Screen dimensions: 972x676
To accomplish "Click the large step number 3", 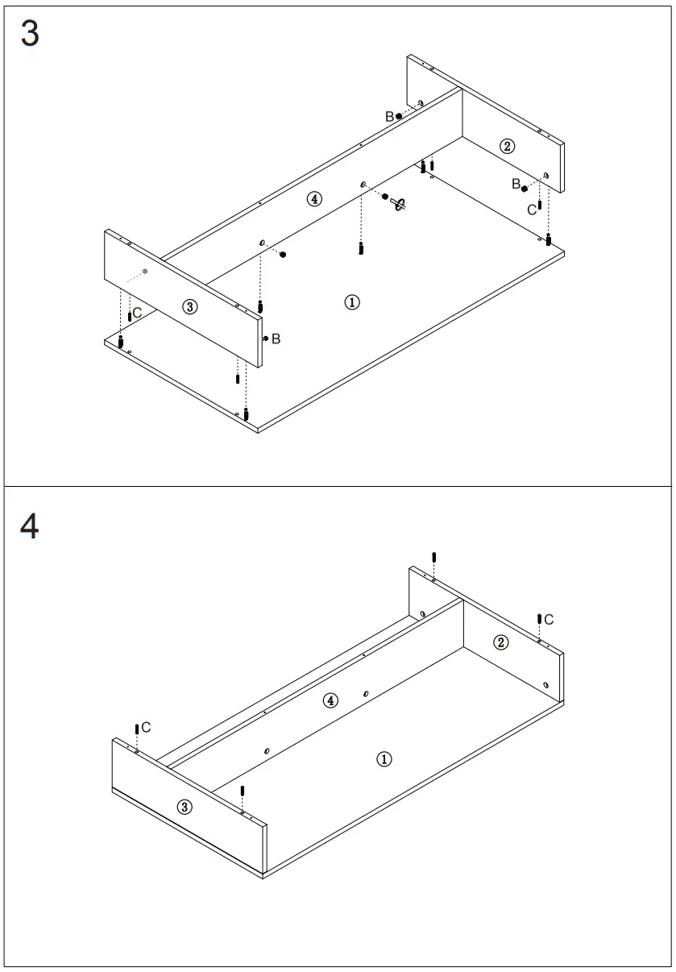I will [30, 35].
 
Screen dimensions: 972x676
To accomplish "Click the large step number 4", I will [30, 526].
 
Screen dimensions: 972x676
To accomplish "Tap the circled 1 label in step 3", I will [352, 302].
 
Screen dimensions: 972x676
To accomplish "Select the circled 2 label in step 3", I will [507, 146].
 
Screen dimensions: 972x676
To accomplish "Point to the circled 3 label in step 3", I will [189, 306].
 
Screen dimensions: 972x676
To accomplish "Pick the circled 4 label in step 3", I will [315, 199].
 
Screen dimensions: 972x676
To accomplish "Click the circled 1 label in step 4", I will [385, 759].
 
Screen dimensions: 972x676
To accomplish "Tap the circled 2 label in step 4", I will [501, 642].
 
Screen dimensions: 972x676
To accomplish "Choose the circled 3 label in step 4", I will [185, 807].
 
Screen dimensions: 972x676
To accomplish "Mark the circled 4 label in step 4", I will [330, 700].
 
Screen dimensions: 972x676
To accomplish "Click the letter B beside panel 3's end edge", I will [276, 339].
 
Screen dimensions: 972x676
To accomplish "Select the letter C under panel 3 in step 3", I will [138, 312].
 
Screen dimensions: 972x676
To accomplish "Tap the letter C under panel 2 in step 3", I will [532, 210].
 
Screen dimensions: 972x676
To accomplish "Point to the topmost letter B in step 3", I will [389, 117].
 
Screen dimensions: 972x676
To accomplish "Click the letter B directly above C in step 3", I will [516, 185].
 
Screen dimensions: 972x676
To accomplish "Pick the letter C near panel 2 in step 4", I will [549, 619].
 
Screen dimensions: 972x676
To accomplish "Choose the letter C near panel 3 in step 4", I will [146, 728].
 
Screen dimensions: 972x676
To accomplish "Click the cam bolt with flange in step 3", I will [398, 203].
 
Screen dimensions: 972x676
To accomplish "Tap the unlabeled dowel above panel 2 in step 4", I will [434, 559].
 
